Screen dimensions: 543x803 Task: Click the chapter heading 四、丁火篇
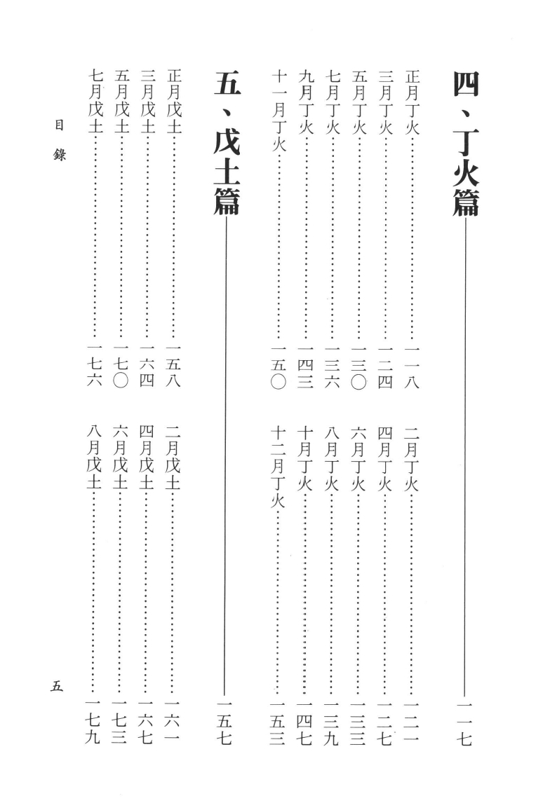(x=466, y=144)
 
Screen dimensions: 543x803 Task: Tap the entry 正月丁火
(x=413, y=102)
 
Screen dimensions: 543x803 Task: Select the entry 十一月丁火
(x=279, y=111)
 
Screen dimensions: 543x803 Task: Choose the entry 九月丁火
(x=305, y=102)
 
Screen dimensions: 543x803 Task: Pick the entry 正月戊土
(x=174, y=102)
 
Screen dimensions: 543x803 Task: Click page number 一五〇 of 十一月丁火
(x=279, y=368)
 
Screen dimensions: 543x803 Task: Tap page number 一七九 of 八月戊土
(x=93, y=724)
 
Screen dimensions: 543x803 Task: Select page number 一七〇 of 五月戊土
(x=121, y=368)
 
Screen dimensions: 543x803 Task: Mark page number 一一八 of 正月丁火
(x=413, y=368)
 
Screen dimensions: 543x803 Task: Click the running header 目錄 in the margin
(x=60, y=140)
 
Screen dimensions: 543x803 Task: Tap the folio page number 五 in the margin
(x=57, y=686)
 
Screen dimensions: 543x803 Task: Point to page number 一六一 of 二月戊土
(x=173, y=724)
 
